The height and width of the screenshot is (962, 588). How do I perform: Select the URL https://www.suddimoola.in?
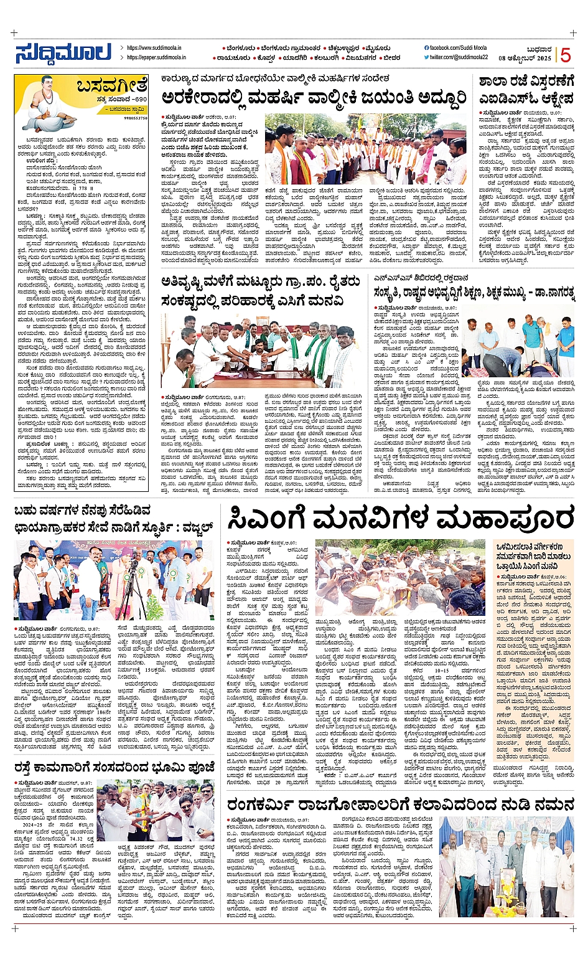[154, 47]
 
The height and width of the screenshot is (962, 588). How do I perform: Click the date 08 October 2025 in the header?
[525, 57]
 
